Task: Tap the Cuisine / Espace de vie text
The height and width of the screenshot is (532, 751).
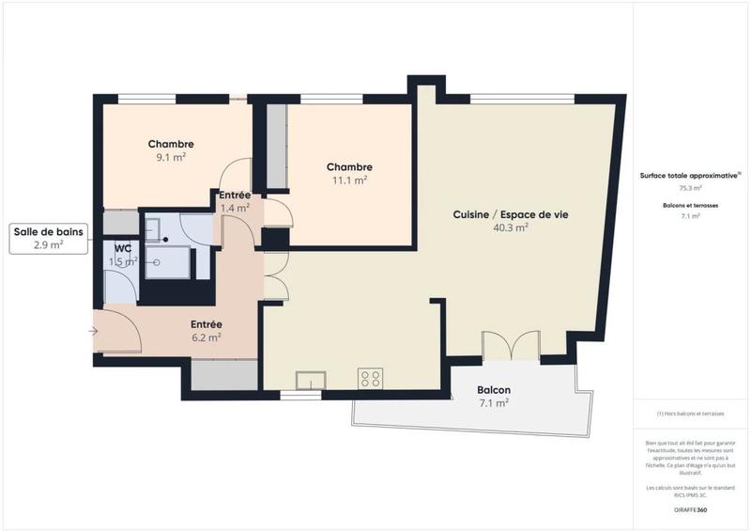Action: pyautogui.click(x=510, y=214)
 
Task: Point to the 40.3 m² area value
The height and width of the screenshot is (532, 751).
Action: pyautogui.click(x=510, y=227)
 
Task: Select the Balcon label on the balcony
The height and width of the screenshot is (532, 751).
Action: pyautogui.click(x=493, y=389)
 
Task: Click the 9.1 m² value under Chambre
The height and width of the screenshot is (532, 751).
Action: pyautogui.click(x=171, y=158)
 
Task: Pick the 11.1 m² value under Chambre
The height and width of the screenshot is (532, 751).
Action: pyautogui.click(x=349, y=180)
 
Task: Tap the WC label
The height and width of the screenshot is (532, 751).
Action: pyautogui.click(x=123, y=248)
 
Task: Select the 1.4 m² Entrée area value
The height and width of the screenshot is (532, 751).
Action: pyautogui.click(x=235, y=208)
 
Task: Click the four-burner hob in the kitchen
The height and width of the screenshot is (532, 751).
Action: pyautogui.click(x=370, y=379)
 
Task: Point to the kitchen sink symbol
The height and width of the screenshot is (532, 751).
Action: pyautogui.click(x=311, y=380)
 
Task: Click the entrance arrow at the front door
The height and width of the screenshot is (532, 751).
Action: pyautogui.click(x=94, y=331)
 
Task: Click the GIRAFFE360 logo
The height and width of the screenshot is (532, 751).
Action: pyautogui.click(x=690, y=509)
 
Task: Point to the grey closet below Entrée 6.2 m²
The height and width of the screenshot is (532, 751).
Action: pyautogui.click(x=224, y=374)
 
